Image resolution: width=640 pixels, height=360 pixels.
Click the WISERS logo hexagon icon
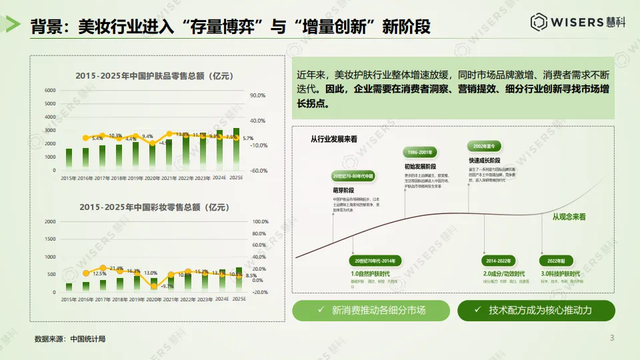coord(539,22)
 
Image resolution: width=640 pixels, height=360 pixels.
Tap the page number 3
coord(612,338)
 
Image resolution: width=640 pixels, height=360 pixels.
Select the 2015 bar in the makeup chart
coord(69,287)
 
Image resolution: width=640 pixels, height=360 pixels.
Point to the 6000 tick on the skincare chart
coord(50,90)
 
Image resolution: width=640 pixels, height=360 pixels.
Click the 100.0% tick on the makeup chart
coord(260,221)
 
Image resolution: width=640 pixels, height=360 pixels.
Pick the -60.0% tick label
coord(258,171)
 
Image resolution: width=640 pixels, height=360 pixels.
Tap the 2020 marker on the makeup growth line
coord(154,286)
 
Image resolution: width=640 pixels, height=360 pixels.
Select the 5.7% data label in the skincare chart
coord(248,138)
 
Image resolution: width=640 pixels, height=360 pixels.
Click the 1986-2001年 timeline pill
coord(420,152)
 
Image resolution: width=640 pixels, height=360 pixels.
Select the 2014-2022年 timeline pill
coord(499,261)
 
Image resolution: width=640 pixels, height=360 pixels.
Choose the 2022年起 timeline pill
coord(556,261)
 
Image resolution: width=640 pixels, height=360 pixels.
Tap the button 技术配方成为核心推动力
coord(536,310)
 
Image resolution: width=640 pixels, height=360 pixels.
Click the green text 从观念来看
coord(569,217)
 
